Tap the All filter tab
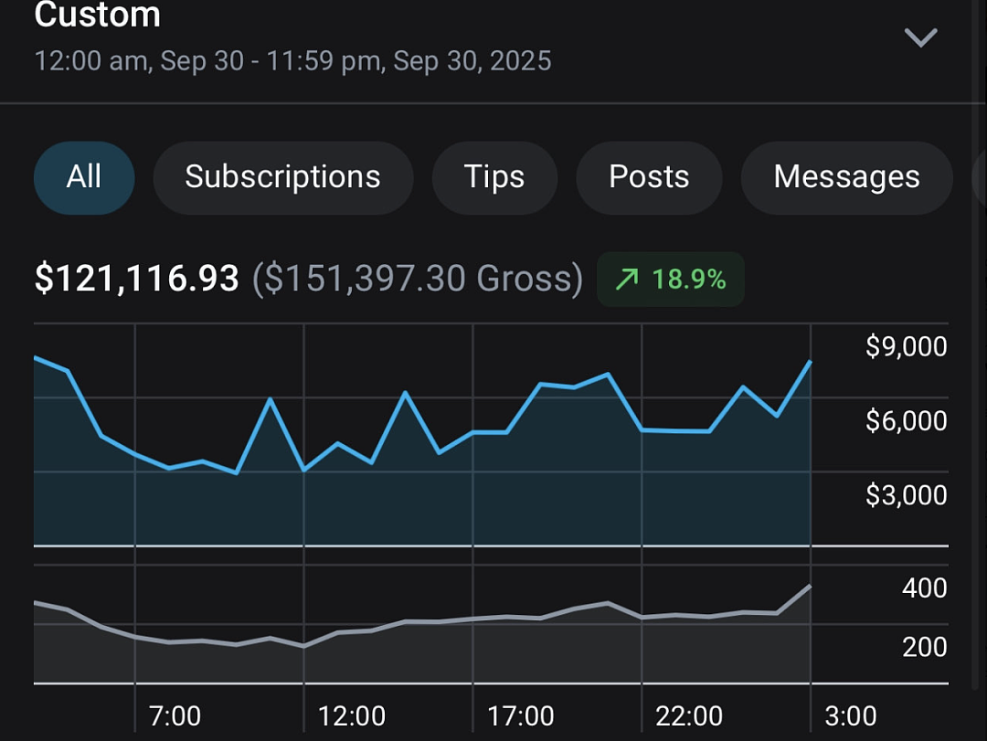point(84,177)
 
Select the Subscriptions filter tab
point(282,177)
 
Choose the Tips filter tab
point(494,177)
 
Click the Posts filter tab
point(649,177)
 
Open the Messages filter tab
point(846,177)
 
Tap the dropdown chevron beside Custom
point(921,37)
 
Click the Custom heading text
point(98,14)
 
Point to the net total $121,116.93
point(136,279)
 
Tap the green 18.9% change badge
point(671,279)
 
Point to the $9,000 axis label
point(906,346)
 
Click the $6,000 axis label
point(906,420)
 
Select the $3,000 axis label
point(906,495)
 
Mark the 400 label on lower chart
point(924,588)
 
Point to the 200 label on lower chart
point(924,647)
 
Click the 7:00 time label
point(175,716)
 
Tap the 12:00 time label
point(351,716)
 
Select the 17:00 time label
point(521,716)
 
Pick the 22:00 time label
point(689,716)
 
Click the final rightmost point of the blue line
point(810,362)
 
